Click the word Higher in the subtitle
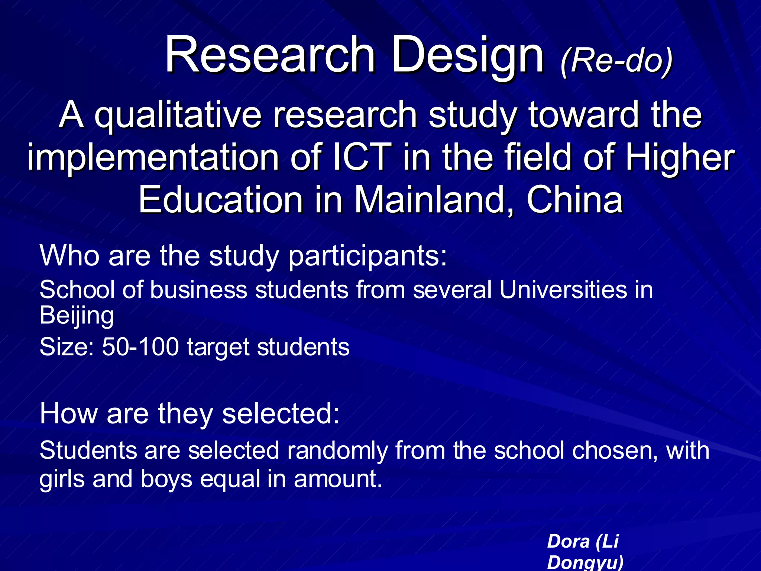(680, 159)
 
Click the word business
(198, 290)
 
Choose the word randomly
(337, 451)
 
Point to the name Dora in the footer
(569, 541)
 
